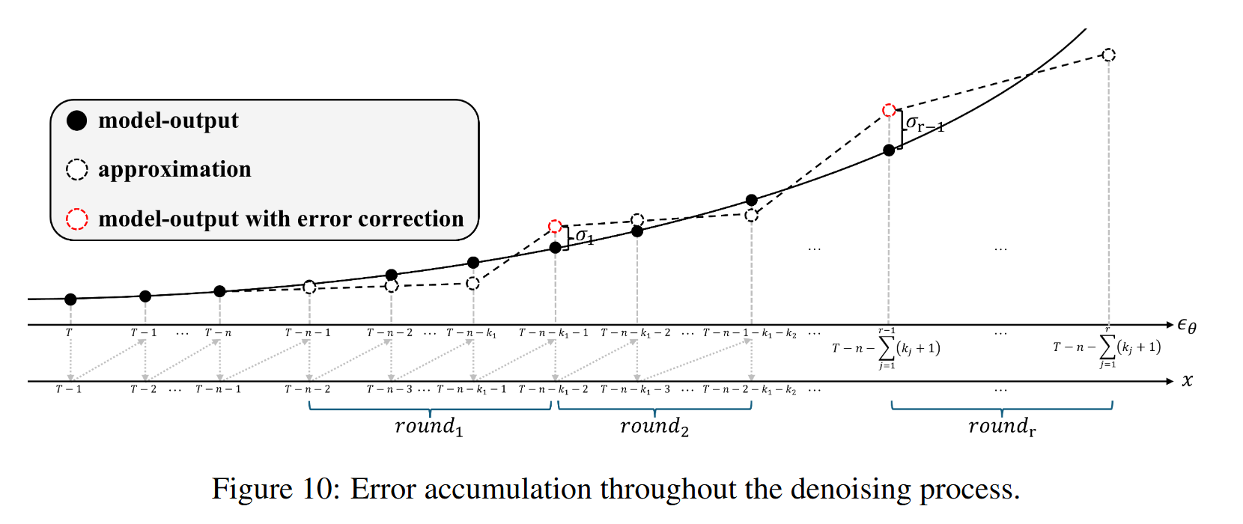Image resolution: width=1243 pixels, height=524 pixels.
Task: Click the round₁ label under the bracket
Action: [429, 427]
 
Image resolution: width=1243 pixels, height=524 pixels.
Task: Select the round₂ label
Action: [654, 427]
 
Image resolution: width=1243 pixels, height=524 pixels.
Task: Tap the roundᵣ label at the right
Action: [1002, 427]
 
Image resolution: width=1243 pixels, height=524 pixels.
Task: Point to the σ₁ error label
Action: [584, 237]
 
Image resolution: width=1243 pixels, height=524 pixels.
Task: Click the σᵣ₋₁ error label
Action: [924, 124]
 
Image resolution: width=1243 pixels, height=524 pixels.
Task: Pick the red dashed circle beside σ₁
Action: [555, 227]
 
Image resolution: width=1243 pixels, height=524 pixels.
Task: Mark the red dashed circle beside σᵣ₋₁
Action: [889, 111]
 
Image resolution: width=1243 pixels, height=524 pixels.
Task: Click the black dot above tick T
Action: [70, 299]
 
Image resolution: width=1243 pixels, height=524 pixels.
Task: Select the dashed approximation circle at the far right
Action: [1109, 55]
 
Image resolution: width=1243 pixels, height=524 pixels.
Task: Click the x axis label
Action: [1188, 381]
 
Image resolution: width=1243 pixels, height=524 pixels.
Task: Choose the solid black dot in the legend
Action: [77, 121]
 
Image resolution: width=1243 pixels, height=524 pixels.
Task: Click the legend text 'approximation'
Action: [174, 170]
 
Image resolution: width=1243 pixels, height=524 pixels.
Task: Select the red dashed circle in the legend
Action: [77, 219]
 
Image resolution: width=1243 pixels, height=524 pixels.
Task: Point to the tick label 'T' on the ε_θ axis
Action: [69, 332]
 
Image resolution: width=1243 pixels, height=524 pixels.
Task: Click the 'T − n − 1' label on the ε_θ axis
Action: [308, 332]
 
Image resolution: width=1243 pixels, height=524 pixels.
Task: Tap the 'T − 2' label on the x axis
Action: [144, 389]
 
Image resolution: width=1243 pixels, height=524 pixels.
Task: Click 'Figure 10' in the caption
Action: [275, 490]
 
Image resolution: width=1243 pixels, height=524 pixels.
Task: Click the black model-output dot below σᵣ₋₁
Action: [889, 150]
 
